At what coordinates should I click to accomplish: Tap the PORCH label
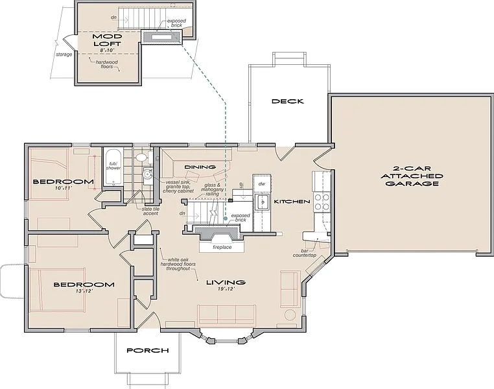click(148, 350)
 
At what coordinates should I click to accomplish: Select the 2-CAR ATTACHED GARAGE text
click(412, 176)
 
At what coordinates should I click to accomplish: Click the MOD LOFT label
click(108, 40)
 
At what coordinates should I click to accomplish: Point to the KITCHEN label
click(292, 202)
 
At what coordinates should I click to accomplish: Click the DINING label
click(200, 167)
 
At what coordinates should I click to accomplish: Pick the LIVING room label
click(226, 282)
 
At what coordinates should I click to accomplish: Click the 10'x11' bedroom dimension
click(64, 188)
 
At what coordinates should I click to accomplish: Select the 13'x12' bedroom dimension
click(84, 291)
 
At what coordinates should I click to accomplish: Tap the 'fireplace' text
click(222, 247)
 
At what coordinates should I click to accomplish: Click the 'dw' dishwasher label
click(261, 183)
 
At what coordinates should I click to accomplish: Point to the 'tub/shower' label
click(113, 166)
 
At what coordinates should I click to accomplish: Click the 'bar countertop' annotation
click(304, 253)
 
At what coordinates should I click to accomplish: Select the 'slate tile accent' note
click(150, 211)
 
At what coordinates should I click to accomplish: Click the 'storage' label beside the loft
click(64, 54)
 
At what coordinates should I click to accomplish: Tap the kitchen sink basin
click(262, 202)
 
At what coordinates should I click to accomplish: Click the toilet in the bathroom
click(142, 157)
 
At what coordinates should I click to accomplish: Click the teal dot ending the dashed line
click(225, 218)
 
